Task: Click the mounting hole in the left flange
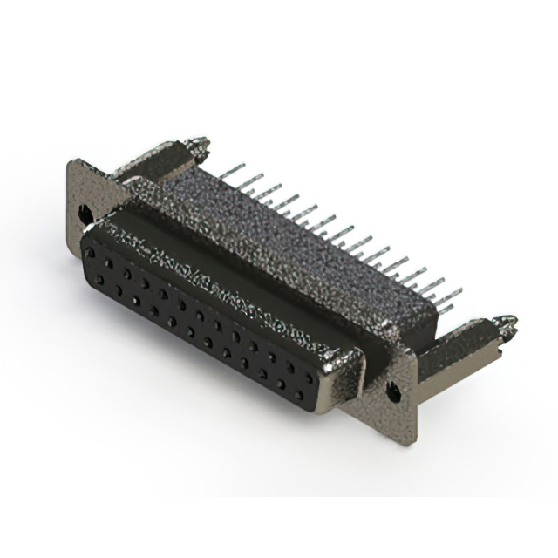85,213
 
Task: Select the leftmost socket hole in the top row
89,253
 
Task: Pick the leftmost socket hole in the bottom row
100,279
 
